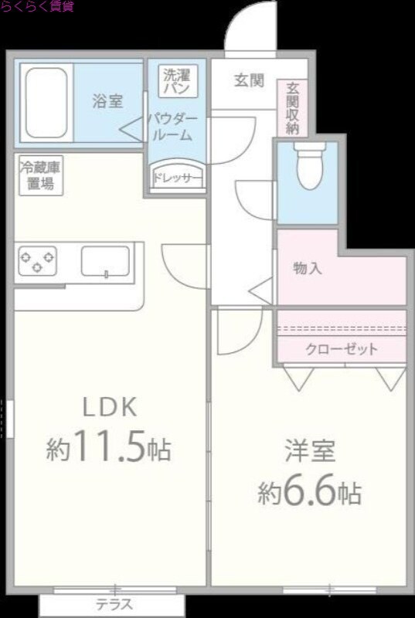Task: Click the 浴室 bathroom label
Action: tap(107, 100)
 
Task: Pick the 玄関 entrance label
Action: tap(250, 80)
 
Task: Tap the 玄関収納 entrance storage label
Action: tap(292, 108)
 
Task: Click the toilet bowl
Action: tap(310, 168)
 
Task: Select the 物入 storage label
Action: tap(308, 269)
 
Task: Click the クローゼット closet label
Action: tap(342, 349)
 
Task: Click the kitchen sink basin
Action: tap(105, 260)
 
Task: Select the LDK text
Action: tap(110, 406)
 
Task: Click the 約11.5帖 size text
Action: tap(108, 450)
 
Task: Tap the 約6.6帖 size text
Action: tap(310, 492)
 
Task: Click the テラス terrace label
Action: tap(114, 605)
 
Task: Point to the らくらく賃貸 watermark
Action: tap(36, 7)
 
